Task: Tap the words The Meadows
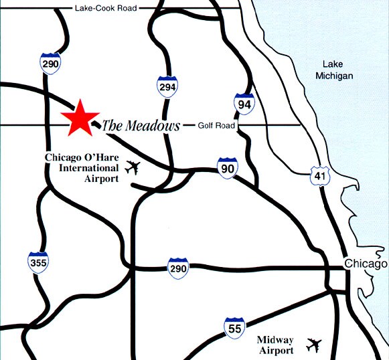pos(141,125)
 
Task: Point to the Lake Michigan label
pos(333,70)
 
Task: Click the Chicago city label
pos(366,264)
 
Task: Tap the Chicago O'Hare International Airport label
pos(82,168)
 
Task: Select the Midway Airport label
pos(275,345)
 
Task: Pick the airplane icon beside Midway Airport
pos(314,345)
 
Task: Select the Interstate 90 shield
pos(228,168)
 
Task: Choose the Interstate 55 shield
pos(234,328)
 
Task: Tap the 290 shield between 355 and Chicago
pos(177,268)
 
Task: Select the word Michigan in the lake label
pos(333,76)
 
